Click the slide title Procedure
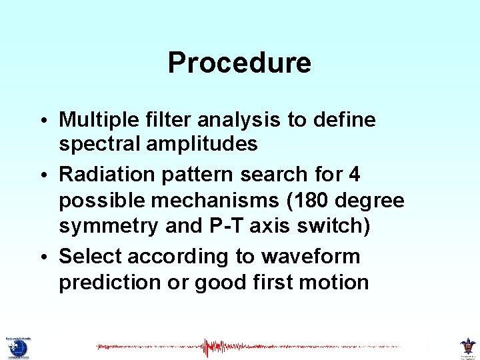[x=239, y=63]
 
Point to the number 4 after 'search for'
[x=354, y=175]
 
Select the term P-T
[x=223, y=227]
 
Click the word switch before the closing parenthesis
[x=332, y=227]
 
